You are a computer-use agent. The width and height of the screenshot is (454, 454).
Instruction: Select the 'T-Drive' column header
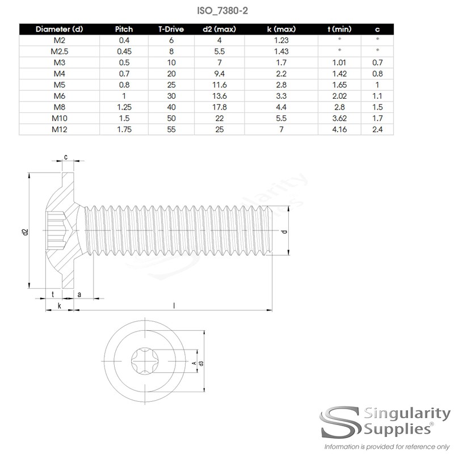[171, 29]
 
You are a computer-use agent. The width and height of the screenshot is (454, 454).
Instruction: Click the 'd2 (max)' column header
[220, 29]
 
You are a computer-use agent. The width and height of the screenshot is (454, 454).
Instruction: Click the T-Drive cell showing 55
[171, 130]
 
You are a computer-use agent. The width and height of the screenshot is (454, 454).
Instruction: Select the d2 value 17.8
[220, 108]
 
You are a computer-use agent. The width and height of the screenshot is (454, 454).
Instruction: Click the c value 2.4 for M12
[377, 130]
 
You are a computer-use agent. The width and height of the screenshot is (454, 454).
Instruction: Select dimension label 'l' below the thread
[174, 305]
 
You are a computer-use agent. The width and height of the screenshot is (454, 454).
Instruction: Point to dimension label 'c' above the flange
[66, 157]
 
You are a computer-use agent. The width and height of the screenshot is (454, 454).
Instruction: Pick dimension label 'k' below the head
[59, 306]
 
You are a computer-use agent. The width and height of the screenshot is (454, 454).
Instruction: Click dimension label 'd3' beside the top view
[201, 363]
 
